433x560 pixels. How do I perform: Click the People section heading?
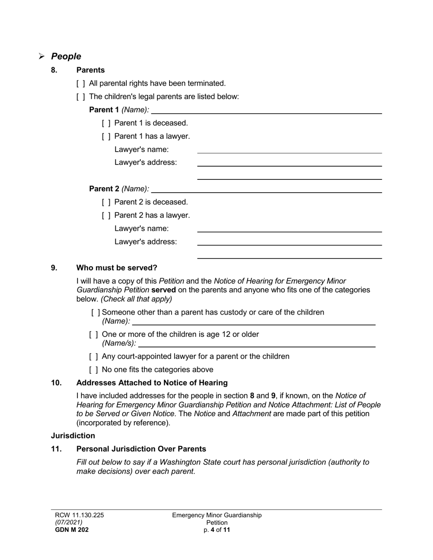click(x=66, y=56)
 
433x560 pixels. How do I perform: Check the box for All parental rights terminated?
click(x=81, y=83)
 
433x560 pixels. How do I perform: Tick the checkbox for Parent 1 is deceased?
click(x=106, y=123)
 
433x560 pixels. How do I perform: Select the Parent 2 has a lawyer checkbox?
click(x=106, y=215)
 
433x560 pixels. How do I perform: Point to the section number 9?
click(x=54, y=268)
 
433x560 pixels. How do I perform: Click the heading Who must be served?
click(x=117, y=268)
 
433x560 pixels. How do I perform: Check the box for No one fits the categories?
click(x=93, y=370)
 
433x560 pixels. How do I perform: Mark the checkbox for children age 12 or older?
click(x=93, y=335)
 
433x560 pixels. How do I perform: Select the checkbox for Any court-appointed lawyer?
click(x=93, y=356)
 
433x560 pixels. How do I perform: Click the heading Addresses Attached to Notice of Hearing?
click(x=152, y=383)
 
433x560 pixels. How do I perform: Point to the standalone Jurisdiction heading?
click(x=73, y=436)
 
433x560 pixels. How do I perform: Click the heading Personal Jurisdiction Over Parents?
click(x=141, y=449)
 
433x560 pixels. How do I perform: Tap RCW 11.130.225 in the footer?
click(x=79, y=515)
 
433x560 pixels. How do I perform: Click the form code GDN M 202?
click(x=72, y=530)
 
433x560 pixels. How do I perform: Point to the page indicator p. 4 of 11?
click(x=217, y=530)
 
